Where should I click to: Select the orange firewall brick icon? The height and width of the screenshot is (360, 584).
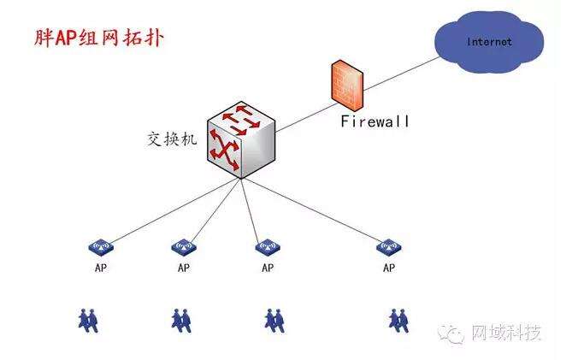345,85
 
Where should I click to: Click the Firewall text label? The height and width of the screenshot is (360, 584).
375,121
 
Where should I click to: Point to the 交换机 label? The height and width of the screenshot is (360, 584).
172,139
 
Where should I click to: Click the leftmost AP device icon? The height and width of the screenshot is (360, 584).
101,247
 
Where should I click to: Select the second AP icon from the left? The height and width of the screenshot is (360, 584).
183,247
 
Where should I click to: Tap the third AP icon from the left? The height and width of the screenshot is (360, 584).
268,247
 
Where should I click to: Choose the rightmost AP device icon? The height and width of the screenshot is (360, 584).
389,247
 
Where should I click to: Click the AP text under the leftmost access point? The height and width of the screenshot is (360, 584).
101,268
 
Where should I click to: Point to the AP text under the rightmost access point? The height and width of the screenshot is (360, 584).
389,268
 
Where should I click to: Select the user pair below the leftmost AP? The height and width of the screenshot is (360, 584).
90,320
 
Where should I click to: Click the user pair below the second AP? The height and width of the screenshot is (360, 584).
181,320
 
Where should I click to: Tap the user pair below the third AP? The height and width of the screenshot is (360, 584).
274,320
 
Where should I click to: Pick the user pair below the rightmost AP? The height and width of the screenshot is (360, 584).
400,320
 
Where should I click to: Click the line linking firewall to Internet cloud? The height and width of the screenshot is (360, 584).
402,66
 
